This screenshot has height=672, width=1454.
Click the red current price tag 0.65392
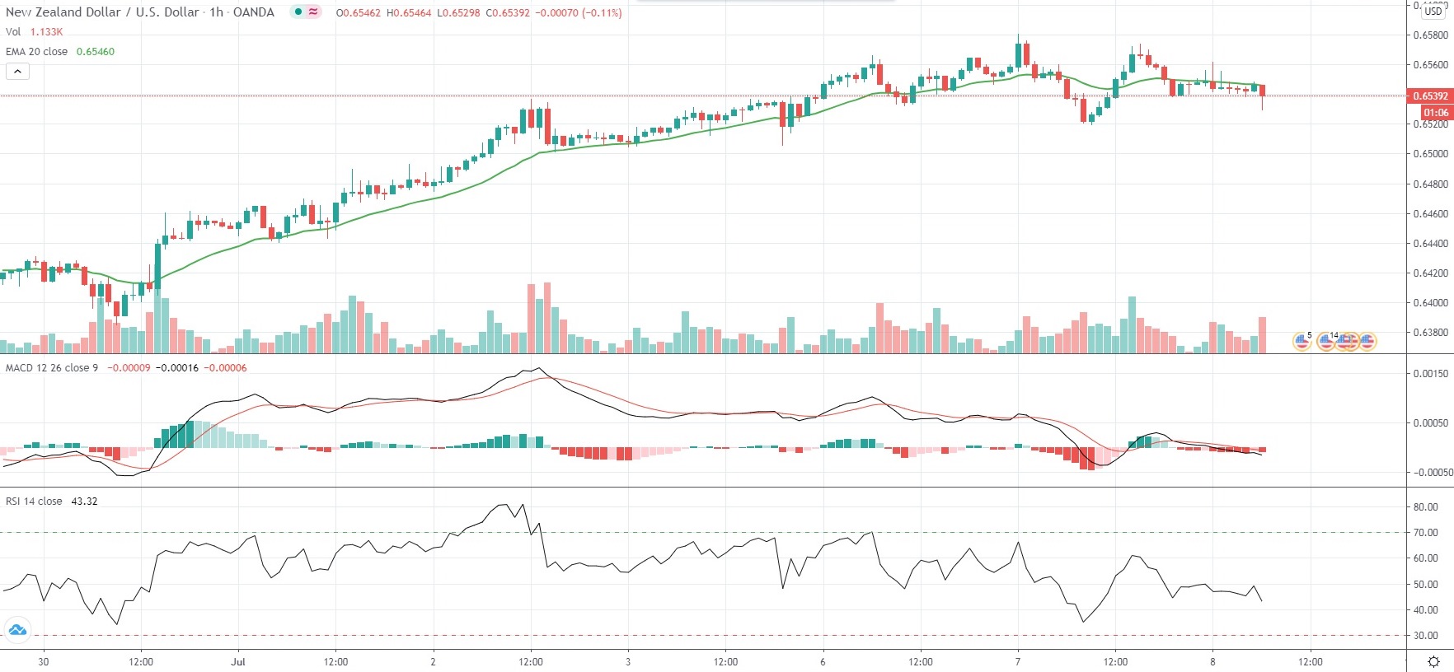coord(1430,96)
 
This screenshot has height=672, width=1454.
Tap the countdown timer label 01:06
coord(1435,112)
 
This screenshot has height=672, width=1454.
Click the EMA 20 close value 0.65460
coord(96,51)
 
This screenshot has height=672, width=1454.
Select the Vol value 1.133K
coord(46,31)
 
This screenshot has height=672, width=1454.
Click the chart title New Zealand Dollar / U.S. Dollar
coord(102,12)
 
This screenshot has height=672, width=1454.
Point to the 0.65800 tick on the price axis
coord(1430,35)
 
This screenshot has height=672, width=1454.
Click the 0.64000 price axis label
coord(1430,303)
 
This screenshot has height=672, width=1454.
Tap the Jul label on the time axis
coord(238,661)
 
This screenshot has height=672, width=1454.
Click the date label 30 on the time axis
coord(44,661)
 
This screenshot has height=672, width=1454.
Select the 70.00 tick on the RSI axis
coord(1425,533)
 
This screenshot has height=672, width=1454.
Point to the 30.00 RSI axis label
coord(1425,636)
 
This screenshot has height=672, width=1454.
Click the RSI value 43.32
coord(84,501)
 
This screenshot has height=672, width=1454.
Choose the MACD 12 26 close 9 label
coord(52,367)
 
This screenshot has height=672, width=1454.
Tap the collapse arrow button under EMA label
coord(17,71)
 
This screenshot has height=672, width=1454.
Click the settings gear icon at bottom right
coord(1433,661)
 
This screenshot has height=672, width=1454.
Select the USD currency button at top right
coord(1433,12)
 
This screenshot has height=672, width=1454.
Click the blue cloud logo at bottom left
coord(16,631)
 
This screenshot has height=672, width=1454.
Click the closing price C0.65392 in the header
coord(508,13)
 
